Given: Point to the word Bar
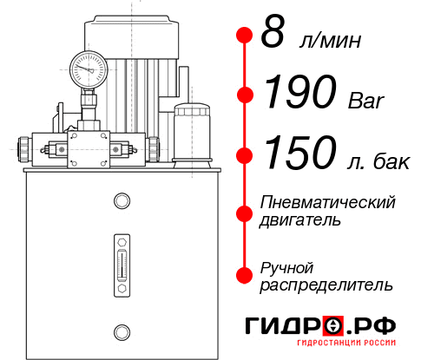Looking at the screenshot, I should (x=365, y=101).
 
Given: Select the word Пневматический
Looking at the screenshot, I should (x=327, y=202).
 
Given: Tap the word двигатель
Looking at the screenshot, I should (x=300, y=219).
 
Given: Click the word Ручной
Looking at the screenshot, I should (x=287, y=266).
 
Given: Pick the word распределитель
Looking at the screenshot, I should (x=326, y=284).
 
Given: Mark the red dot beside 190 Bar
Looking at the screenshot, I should (x=245, y=94).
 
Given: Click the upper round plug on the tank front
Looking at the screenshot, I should (x=121, y=202).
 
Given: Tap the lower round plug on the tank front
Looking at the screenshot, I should (x=121, y=331).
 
